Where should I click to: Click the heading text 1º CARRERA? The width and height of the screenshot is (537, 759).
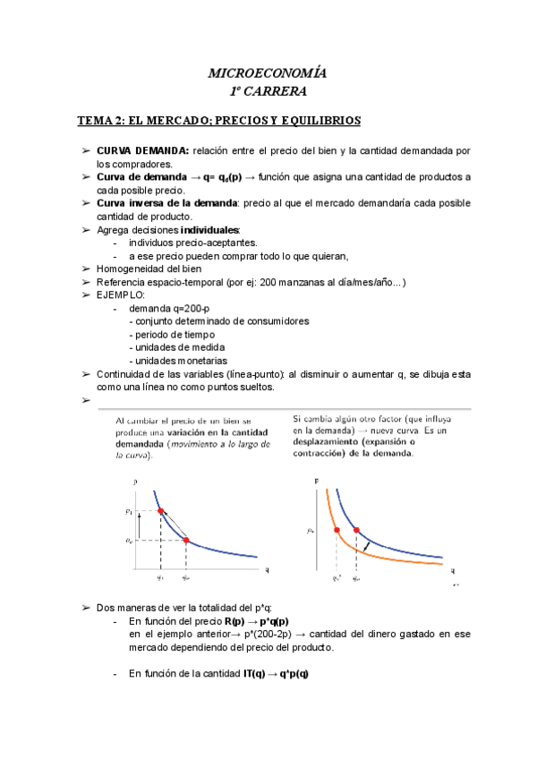268,90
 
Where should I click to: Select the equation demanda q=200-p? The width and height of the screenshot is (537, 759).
169,308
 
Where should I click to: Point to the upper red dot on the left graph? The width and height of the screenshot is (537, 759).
160,511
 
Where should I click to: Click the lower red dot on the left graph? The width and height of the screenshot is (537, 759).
185,540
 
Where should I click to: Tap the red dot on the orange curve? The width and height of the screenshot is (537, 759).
337,531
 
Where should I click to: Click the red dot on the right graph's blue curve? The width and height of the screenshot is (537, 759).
357,531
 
